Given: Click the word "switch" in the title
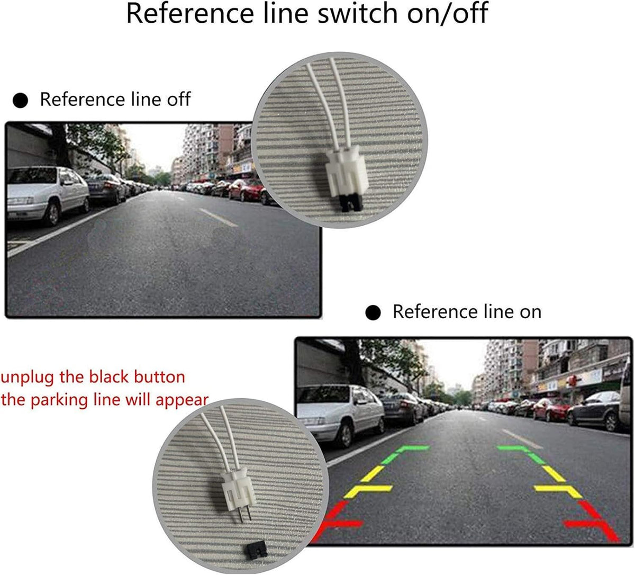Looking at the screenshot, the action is point(358,13).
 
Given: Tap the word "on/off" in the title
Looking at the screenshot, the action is point(447,13).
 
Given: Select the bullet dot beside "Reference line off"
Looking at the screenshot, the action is point(20,101).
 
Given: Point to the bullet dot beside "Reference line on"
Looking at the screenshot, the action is point(373,313).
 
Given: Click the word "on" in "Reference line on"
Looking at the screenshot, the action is point(530,312).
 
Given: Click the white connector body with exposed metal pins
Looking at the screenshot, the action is point(238,492).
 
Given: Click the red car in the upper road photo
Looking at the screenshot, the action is point(246,190).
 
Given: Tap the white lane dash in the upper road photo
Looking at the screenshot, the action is point(218,217).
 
